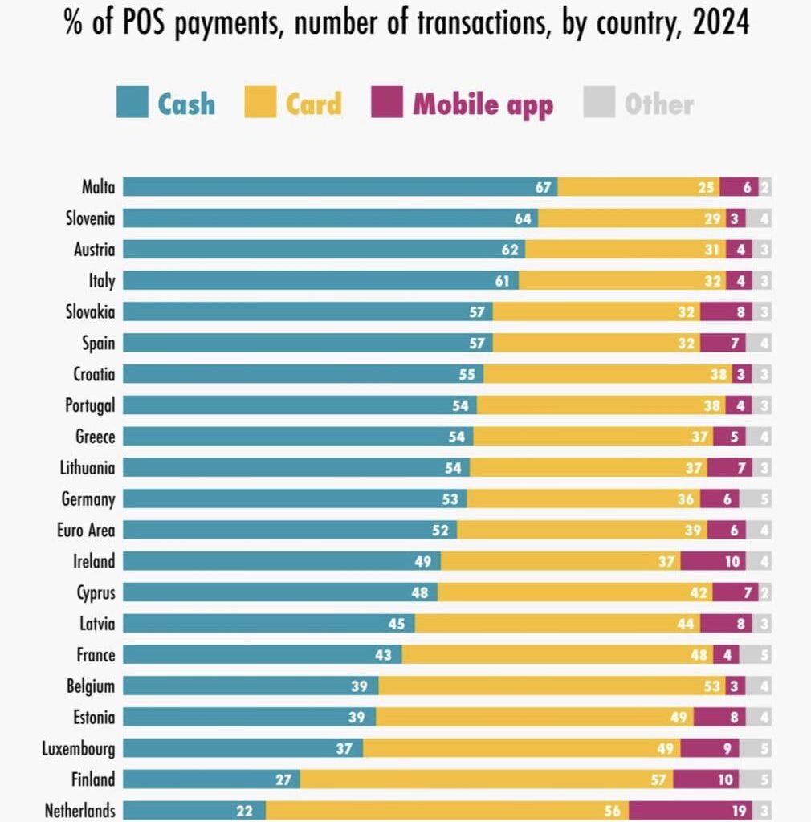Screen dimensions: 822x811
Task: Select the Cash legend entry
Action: (166, 104)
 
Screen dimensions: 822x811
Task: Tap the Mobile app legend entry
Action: (463, 104)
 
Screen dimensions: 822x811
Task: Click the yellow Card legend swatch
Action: (260, 104)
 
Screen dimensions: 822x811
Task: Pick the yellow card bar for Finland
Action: (486, 779)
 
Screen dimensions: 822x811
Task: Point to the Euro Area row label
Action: (86, 530)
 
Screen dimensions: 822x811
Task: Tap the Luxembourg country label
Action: (79, 749)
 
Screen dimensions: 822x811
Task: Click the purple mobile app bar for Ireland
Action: (712, 561)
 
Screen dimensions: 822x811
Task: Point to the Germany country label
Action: (88, 499)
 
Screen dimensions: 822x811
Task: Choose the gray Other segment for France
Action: (755, 655)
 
